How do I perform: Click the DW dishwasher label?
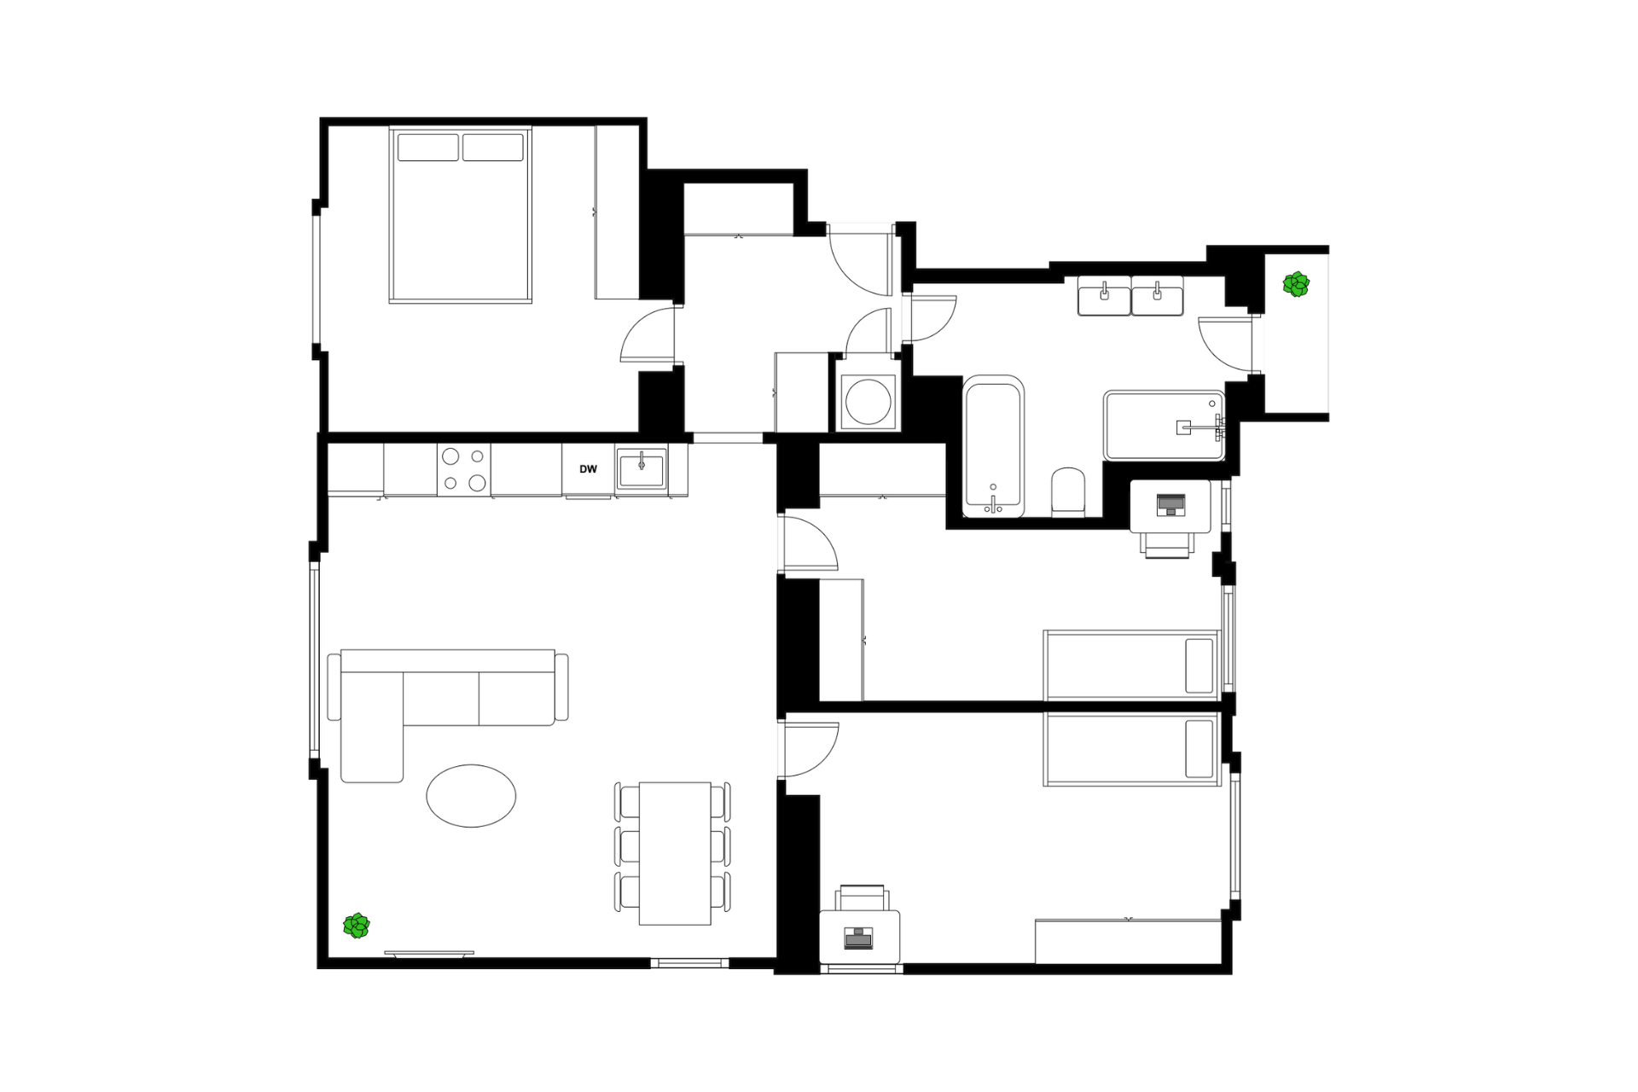(x=588, y=469)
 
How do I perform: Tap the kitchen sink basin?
(x=642, y=469)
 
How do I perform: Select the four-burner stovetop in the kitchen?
(x=464, y=470)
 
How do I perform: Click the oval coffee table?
(x=471, y=795)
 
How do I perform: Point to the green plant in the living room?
(x=357, y=926)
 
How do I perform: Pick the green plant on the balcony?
(x=1296, y=284)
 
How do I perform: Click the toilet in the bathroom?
(x=1068, y=492)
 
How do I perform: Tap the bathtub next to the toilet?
(x=993, y=446)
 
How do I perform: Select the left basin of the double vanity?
(x=1104, y=296)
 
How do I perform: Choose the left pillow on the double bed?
(x=427, y=147)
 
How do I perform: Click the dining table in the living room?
(x=675, y=853)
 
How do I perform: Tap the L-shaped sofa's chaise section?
(x=372, y=726)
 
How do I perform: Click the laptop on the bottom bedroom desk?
(x=858, y=938)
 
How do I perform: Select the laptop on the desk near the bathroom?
(x=1170, y=505)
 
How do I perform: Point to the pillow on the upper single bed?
(x=1199, y=665)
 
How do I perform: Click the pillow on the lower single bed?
(x=1199, y=748)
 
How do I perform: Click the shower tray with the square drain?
(x=1164, y=426)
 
